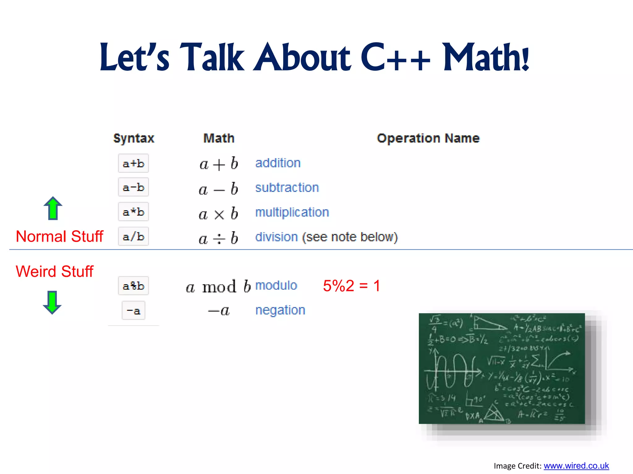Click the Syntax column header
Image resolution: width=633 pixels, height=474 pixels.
[x=134, y=138]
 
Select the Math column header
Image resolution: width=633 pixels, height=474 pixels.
[x=219, y=138]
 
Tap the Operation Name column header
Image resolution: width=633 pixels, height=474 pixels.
[x=428, y=138]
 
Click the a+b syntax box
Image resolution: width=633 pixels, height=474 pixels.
[x=134, y=163]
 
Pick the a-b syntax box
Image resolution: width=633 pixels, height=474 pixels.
[x=134, y=187]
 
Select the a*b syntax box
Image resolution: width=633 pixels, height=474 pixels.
[x=134, y=212]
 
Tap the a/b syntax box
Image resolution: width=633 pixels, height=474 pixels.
[x=134, y=237]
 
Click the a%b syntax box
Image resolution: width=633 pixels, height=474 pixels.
[x=134, y=286]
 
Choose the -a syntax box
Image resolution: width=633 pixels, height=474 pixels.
[x=134, y=310]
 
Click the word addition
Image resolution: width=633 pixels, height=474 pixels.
[x=278, y=163]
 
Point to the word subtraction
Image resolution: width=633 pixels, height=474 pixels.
[x=287, y=188]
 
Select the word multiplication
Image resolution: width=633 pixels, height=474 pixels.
[x=292, y=212]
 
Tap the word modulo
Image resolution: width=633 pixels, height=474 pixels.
[x=276, y=285]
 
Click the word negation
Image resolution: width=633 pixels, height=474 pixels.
[x=280, y=310]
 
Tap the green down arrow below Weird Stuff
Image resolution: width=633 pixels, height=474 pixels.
[x=52, y=302]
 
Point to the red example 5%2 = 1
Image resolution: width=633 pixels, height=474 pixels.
[x=351, y=286]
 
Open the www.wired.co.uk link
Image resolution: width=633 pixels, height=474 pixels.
[x=576, y=466]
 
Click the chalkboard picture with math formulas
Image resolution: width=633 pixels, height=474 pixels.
[x=502, y=368]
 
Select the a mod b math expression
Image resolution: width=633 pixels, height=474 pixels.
[x=218, y=287]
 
